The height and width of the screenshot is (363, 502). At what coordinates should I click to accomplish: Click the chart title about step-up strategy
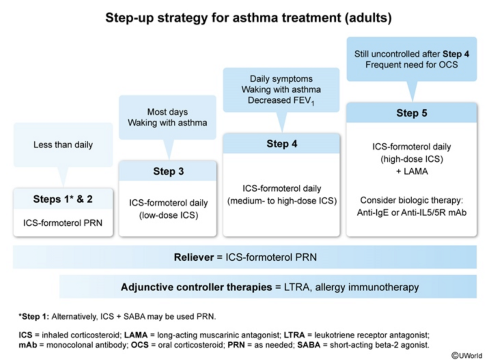click(248, 18)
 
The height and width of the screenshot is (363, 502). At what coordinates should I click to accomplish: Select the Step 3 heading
click(168, 172)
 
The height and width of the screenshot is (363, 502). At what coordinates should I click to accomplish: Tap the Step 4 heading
click(281, 144)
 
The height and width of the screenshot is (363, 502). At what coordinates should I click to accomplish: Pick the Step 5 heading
click(411, 113)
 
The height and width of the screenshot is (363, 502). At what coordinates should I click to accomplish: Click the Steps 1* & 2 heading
click(63, 199)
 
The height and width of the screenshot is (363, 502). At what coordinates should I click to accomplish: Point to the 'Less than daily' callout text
click(63, 145)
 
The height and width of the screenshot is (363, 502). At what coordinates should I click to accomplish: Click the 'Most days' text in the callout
click(167, 112)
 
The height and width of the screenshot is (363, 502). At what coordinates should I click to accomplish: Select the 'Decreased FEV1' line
click(281, 100)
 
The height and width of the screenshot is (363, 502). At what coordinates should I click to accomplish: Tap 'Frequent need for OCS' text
click(411, 65)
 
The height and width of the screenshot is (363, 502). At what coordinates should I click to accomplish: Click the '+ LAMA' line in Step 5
click(411, 172)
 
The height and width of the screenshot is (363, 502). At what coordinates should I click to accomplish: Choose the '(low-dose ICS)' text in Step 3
click(168, 215)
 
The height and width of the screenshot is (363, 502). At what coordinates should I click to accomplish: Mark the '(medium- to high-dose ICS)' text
click(281, 201)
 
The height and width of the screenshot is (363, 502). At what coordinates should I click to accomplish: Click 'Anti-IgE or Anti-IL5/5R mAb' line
click(411, 213)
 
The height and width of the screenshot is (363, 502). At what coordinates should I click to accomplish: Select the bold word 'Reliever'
click(193, 257)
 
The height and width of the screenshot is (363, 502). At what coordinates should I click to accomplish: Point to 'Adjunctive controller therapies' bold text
click(196, 287)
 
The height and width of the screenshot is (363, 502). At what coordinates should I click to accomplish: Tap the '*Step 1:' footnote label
click(34, 317)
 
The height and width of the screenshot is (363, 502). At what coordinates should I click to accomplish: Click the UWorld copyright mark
click(467, 355)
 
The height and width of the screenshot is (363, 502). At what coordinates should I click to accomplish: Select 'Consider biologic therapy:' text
click(411, 200)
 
